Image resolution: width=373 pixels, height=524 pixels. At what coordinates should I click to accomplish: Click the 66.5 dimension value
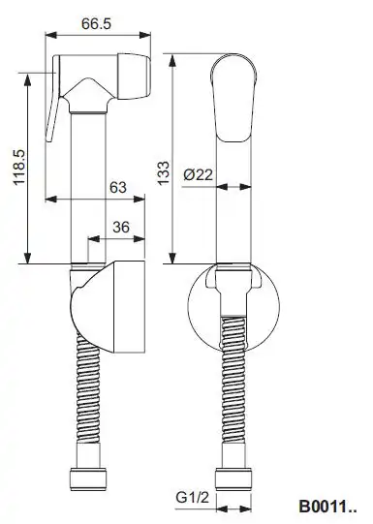pos(96,23)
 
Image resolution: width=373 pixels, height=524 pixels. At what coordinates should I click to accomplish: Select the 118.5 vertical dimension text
pos(19,168)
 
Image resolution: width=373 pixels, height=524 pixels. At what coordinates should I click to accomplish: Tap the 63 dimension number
pos(118,188)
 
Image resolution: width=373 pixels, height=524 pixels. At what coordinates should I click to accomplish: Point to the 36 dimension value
pos(121,228)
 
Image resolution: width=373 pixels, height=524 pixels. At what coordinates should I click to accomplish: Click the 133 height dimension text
pos(164,173)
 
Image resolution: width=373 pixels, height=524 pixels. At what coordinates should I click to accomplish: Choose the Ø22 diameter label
pos(199,174)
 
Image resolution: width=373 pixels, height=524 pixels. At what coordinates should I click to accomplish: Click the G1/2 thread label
pos(192,497)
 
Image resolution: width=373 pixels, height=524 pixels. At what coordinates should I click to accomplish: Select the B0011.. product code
pos(327,507)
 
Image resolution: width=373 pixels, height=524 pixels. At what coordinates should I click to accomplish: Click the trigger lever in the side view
pos(53,99)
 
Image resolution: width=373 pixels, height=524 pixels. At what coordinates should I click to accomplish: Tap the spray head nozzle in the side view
pos(134,77)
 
